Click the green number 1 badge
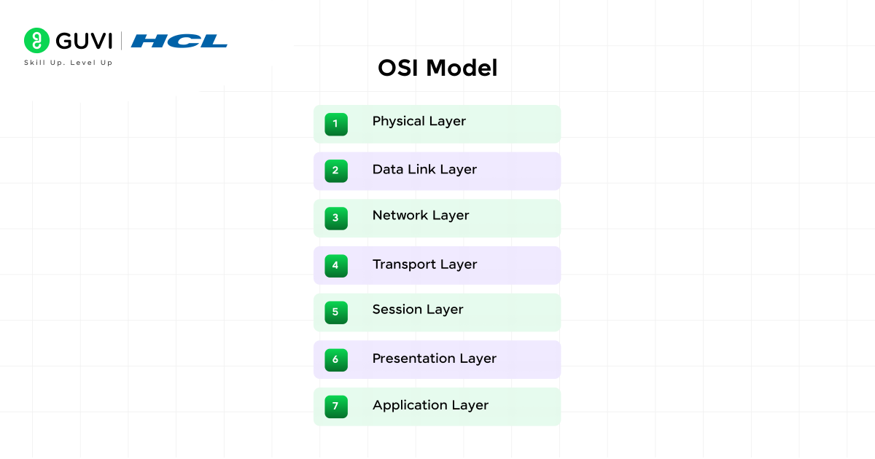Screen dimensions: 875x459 (336, 124)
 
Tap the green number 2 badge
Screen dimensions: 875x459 (336, 171)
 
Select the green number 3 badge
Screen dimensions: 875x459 (336, 218)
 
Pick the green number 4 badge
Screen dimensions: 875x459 (336, 266)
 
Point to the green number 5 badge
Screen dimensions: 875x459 (336, 313)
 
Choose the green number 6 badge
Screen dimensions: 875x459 (336, 360)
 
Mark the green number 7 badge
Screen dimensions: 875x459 (336, 407)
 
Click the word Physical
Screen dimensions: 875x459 (398, 122)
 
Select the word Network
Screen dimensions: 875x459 (400, 216)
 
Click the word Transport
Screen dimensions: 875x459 (404, 264)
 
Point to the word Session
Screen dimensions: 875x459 (397, 310)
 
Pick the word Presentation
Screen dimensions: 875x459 (413, 358)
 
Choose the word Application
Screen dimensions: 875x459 (410, 406)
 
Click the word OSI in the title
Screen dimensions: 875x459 (398, 68)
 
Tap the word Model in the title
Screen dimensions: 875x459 (462, 68)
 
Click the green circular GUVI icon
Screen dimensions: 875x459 (36, 40)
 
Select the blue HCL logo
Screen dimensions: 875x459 (179, 41)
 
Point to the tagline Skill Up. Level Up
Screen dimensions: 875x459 (69, 63)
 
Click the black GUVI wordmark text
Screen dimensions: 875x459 (84, 41)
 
